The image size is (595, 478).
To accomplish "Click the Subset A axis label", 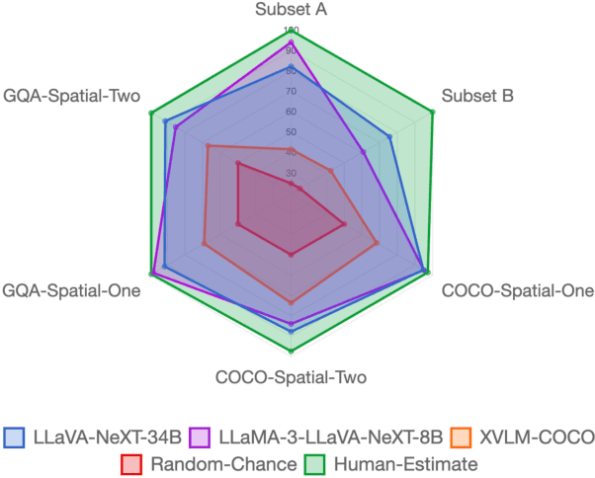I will (291, 11).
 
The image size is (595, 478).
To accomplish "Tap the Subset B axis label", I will (477, 97).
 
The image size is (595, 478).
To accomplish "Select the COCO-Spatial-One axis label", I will (518, 291).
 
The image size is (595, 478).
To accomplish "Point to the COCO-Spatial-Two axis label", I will (291, 377).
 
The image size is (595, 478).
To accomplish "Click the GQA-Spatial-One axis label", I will (71, 291).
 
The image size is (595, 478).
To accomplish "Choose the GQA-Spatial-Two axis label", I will (71, 97).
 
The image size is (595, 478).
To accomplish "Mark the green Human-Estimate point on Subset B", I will (432, 113).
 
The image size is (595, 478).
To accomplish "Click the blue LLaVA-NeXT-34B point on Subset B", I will (390, 136).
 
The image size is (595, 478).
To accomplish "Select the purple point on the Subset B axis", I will (364, 152).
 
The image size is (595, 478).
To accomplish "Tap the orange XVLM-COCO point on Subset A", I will (291, 150).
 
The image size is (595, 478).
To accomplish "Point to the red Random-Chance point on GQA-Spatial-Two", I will (238, 164).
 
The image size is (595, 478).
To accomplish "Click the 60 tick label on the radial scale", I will (291, 112).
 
